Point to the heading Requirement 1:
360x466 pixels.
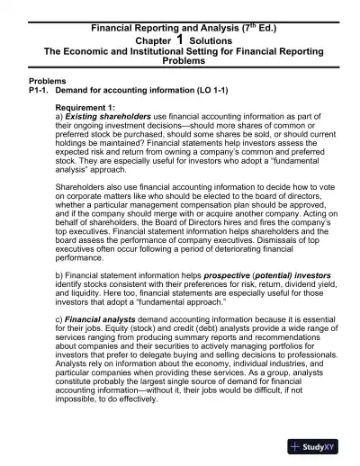coord(90,105)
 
